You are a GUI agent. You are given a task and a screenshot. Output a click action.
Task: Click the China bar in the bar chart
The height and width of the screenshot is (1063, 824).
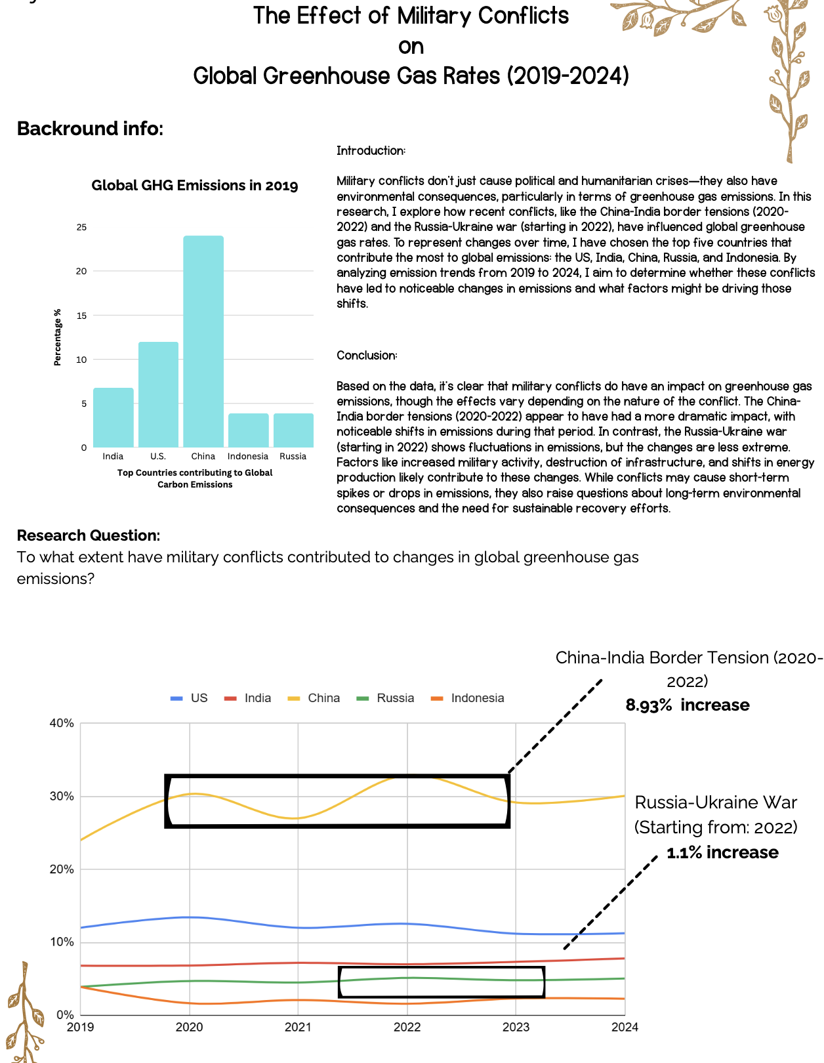click(203, 341)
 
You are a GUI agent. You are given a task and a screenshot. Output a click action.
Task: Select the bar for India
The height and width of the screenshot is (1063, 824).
click(113, 417)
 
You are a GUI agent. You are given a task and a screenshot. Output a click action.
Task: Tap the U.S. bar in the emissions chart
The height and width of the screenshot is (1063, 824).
click(158, 394)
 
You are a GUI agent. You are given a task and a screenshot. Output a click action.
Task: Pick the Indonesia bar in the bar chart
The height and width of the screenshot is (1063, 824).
click(248, 430)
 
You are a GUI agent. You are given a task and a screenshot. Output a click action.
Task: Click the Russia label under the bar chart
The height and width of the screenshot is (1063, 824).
click(293, 456)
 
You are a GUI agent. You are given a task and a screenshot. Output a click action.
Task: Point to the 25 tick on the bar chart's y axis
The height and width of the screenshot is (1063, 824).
click(81, 228)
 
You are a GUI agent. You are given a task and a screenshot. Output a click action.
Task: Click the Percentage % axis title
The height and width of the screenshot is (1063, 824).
click(57, 337)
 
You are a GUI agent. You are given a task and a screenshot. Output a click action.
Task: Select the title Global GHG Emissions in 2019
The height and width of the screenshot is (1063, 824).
click(194, 186)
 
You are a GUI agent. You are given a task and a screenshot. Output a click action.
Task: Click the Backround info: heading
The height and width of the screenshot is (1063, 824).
click(90, 129)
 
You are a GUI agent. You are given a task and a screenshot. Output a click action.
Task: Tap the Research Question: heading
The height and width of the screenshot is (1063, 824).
click(88, 535)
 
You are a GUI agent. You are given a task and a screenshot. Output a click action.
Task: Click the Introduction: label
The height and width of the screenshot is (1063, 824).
click(371, 151)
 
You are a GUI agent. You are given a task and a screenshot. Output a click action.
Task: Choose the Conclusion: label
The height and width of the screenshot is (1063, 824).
click(367, 356)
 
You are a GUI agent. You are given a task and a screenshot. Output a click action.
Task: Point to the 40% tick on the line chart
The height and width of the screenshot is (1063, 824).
click(62, 723)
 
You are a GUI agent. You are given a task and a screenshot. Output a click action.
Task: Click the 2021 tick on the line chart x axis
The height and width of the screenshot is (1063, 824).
click(298, 1027)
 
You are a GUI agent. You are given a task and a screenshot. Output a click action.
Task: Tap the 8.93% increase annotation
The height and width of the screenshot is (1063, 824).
click(687, 705)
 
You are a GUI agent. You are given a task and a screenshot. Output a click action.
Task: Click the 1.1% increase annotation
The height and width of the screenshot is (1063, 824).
click(722, 853)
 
